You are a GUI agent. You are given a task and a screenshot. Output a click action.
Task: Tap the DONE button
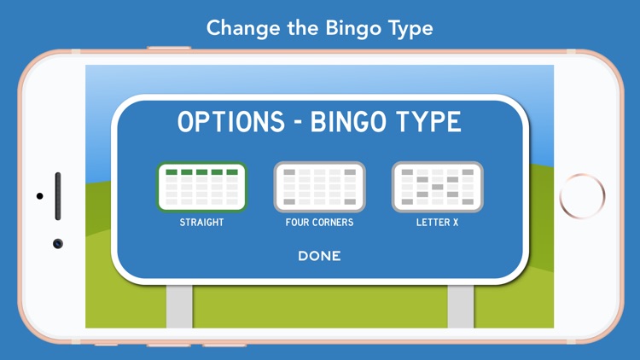pos(319,256)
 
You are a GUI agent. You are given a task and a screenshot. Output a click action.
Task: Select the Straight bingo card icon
pos(202,187)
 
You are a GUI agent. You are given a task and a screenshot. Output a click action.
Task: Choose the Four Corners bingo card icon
pos(319,187)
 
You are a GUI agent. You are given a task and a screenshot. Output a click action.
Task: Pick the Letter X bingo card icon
pos(437,187)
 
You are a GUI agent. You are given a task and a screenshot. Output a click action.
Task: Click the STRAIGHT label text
pos(202,223)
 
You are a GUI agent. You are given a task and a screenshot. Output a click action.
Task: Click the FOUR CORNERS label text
pos(319,223)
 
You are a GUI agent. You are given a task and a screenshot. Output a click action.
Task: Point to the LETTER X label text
pos(437,223)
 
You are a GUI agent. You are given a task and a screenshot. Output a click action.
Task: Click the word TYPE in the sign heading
pos(430,122)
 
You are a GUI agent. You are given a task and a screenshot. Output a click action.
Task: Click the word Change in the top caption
pos(242,28)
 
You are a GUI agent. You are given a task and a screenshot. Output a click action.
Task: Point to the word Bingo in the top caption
pos(352,28)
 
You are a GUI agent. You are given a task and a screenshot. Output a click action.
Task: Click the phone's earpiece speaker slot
pos(58,196)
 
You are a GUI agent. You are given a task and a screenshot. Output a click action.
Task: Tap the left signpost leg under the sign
pos(179,305)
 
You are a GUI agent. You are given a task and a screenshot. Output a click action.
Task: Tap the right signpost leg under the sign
pos(461,305)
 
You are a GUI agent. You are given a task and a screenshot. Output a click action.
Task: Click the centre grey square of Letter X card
pos(437,187)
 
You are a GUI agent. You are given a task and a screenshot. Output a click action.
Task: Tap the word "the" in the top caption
pos(300,28)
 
